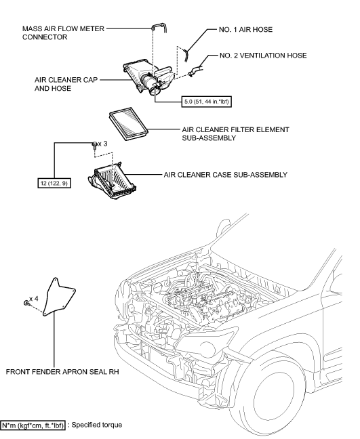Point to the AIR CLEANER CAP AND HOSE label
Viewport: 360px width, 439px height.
[x=59, y=83]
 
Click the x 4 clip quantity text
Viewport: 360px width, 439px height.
[x=35, y=299]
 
